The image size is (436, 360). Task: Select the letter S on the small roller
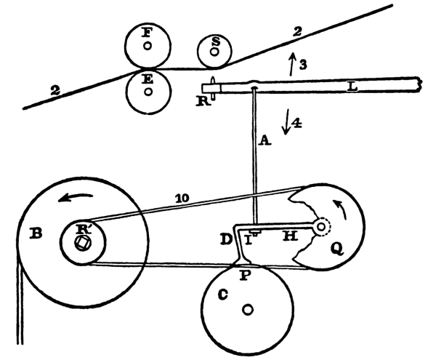[216, 41]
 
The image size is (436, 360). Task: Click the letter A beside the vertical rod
[266, 140]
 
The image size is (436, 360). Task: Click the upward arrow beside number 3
[292, 63]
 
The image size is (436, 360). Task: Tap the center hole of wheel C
[249, 310]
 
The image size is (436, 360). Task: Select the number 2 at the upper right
[296, 31]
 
